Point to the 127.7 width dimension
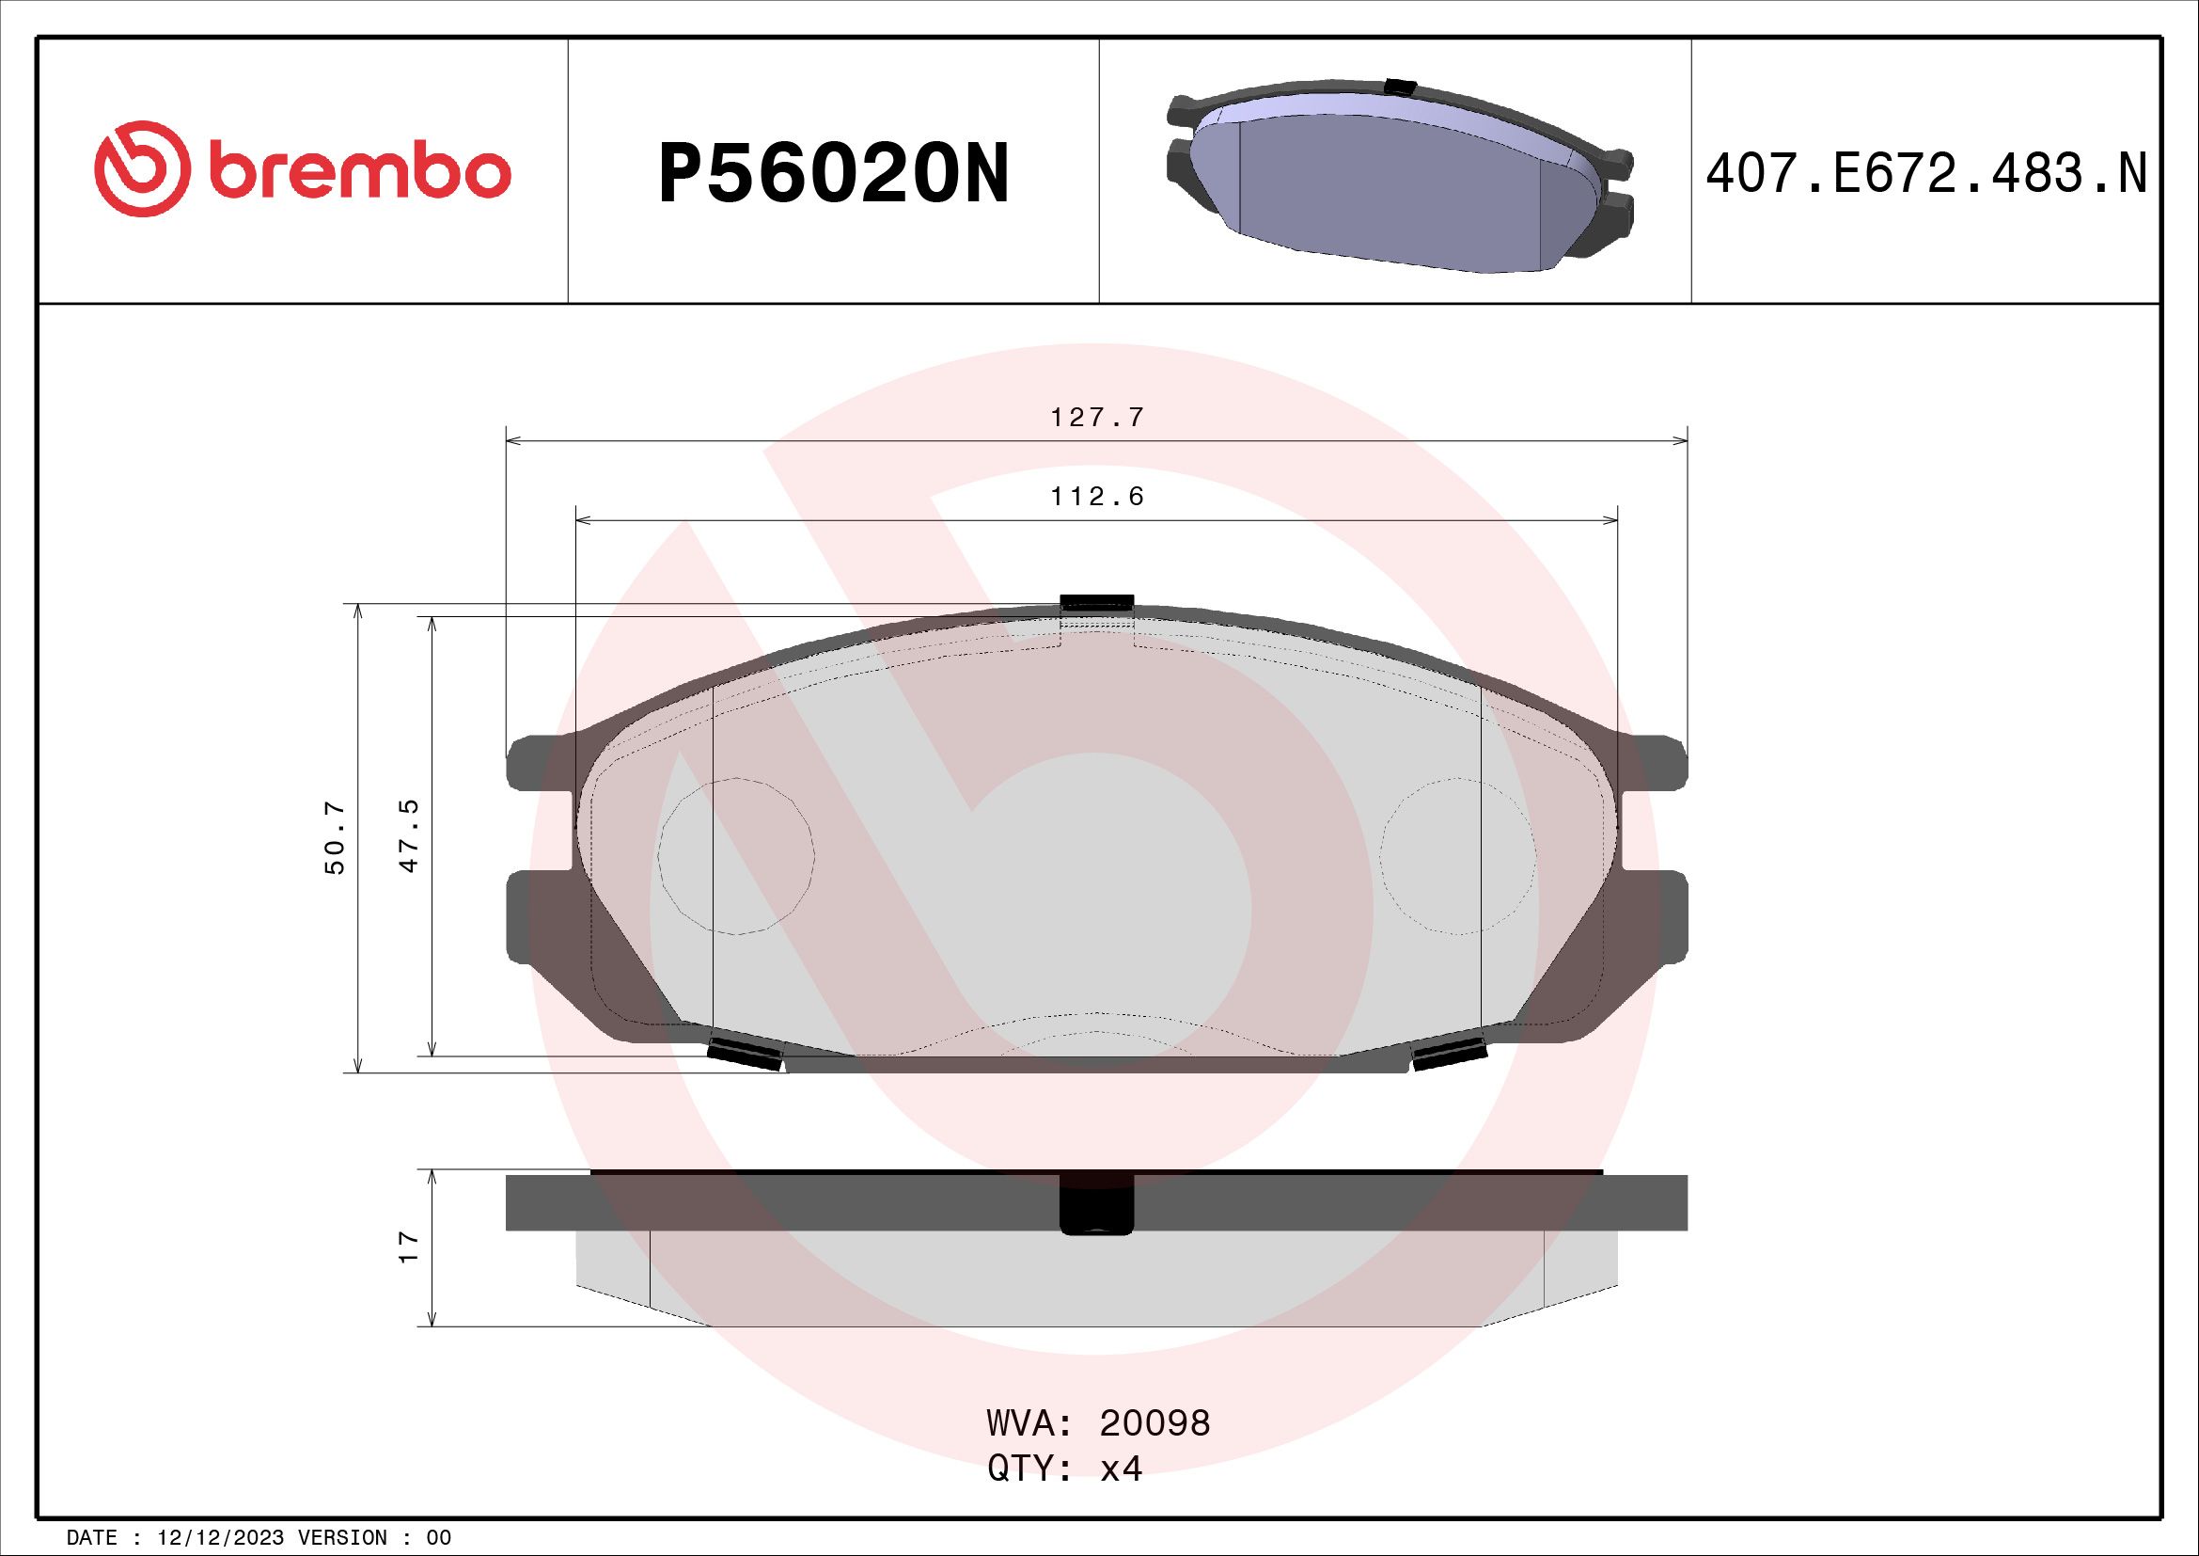click(1096, 418)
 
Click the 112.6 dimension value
click(1096, 498)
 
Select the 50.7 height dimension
click(336, 839)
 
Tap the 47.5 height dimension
click(410, 835)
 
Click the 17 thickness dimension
click(410, 1246)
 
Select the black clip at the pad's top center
click(1096, 603)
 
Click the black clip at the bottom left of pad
click(746, 1053)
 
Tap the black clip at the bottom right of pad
click(1449, 1054)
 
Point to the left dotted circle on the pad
click(736, 855)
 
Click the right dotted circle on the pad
click(1458, 855)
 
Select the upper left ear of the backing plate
click(539, 762)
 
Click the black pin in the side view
click(1096, 1204)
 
